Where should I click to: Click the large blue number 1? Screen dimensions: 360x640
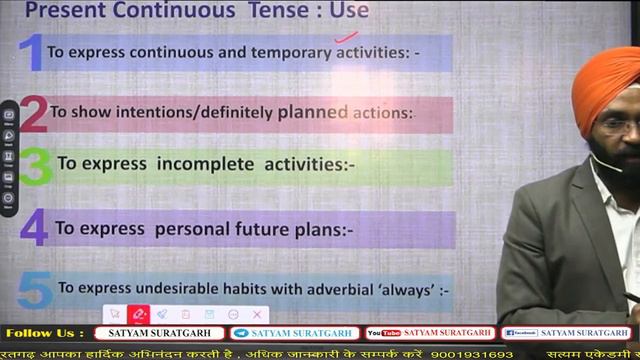(31, 52)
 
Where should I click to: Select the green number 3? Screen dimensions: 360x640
(35, 167)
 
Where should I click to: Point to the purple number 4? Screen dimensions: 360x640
(34, 228)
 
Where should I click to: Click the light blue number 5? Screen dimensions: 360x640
(36, 290)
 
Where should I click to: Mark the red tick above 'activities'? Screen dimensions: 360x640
(346, 39)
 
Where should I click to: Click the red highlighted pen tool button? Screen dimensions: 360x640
(139, 314)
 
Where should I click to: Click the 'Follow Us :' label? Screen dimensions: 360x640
(45, 333)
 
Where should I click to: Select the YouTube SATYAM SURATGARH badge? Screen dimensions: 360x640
(430, 333)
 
